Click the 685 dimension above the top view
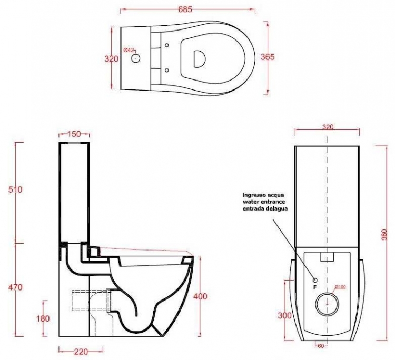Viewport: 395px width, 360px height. point(185,9)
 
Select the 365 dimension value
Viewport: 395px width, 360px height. point(267,57)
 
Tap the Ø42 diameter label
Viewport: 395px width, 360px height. point(129,50)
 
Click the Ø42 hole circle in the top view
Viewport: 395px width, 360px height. point(135,58)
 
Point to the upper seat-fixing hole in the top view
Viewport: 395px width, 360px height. point(166,45)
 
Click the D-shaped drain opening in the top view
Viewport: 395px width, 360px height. point(199,58)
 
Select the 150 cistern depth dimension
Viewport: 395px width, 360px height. point(74,134)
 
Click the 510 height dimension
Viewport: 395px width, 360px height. point(15,189)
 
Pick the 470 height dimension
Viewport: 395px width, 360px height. point(15,287)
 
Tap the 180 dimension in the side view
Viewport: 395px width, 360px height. point(43,318)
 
